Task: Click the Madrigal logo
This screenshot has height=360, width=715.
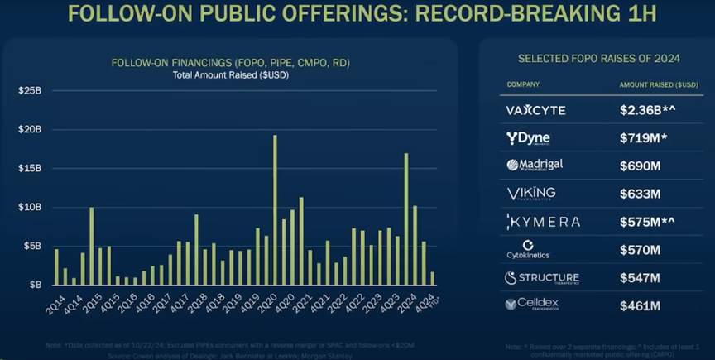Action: coord(535,166)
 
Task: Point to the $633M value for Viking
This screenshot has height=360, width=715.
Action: coord(639,194)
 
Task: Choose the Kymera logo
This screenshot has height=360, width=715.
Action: coord(542,222)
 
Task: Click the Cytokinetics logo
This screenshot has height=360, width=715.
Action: coord(527,249)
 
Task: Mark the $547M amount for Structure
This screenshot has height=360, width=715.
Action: coord(639,277)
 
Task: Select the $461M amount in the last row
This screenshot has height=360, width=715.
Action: coord(639,305)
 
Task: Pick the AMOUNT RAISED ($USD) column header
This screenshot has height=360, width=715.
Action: coord(658,84)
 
